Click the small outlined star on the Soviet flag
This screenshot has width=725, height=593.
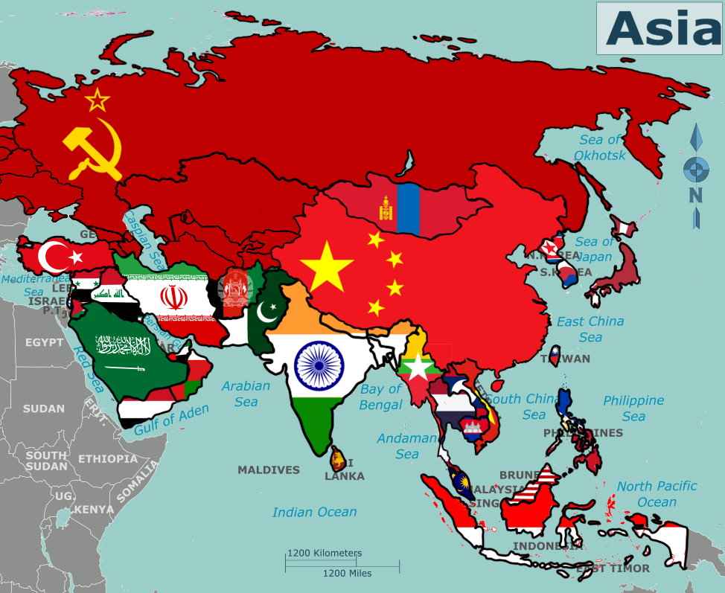pos(97,100)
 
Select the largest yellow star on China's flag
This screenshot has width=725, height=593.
pos(327,265)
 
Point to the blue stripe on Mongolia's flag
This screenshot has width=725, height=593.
pos(409,208)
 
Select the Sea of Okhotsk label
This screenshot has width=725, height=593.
pos(600,147)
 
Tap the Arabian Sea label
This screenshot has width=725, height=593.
pos(246,394)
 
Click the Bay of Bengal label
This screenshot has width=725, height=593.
pos(380,397)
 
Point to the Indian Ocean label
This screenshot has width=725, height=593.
pos(314,512)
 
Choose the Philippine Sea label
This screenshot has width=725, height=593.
pos(633,408)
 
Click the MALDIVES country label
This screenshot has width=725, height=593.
pos(269,469)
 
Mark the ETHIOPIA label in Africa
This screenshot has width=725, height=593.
pos(108,458)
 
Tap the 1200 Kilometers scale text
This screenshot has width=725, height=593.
pos(325,554)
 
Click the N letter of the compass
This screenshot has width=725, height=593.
pos(695,196)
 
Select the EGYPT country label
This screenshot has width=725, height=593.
pos(45,342)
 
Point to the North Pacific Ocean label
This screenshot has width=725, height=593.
pos(657,493)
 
